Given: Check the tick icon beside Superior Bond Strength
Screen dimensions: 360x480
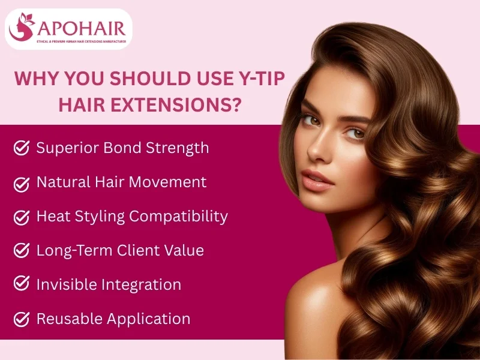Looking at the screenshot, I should click(x=22, y=148).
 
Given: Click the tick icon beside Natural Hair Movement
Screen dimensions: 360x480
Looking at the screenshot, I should click(x=22, y=182).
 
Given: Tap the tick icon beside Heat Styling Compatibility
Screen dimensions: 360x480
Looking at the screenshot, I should click(x=22, y=217).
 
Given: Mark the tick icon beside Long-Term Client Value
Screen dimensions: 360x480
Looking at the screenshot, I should click(x=22, y=251).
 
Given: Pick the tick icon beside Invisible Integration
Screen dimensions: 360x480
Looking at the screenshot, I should click(x=22, y=285).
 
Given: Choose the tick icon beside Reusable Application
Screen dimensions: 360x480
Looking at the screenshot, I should click(x=22, y=319).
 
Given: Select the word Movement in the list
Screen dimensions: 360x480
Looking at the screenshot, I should click(x=175, y=182).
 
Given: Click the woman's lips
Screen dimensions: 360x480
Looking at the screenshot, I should click(x=316, y=179).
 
